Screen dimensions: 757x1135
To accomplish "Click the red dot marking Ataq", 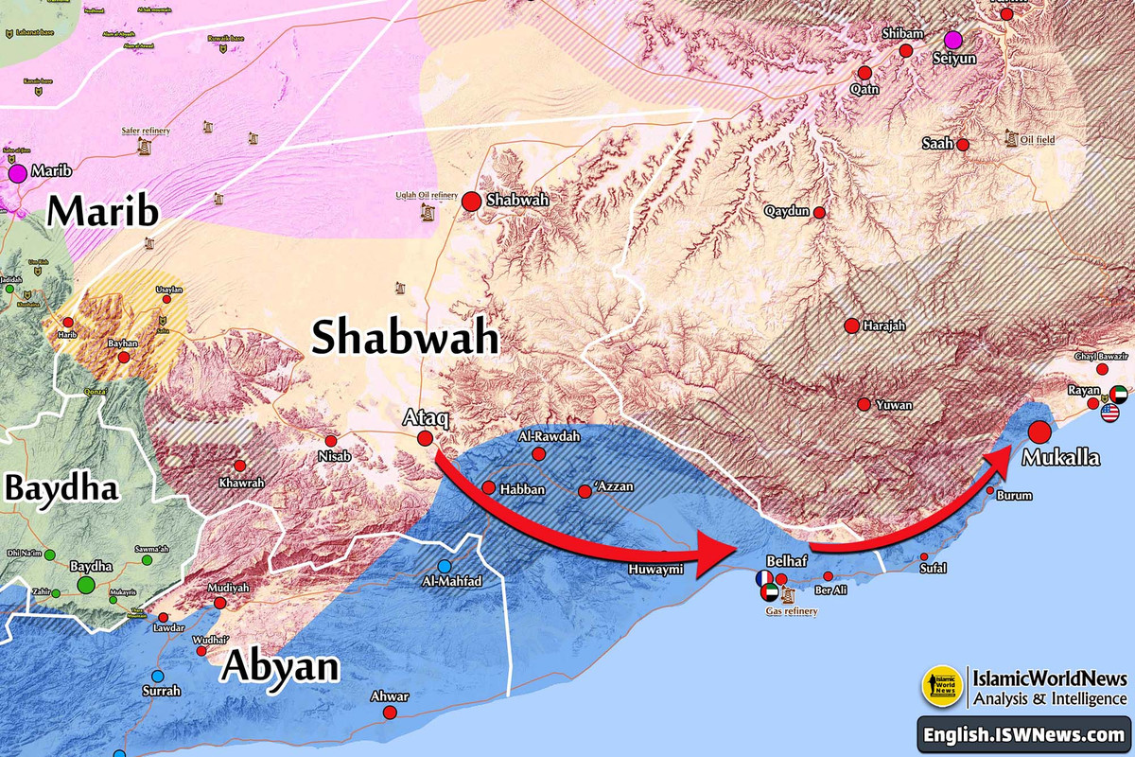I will click(425, 438).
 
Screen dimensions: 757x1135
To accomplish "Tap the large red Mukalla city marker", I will click(1039, 432).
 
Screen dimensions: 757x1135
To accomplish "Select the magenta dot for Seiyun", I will click(952, 39).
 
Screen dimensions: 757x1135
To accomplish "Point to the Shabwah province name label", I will click(405, 337).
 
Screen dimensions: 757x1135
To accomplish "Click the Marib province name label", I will click(103, 212).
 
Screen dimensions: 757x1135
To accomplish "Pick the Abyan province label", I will click(280, 667).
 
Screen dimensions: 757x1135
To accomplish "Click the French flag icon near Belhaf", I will click(762, 579).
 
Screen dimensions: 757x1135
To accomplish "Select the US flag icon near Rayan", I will click(1109, 413).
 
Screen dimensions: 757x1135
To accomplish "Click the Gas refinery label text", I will click(791, 611).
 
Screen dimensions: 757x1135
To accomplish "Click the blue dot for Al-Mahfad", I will click(444, 567).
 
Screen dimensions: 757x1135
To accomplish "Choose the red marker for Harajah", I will click(851, 326).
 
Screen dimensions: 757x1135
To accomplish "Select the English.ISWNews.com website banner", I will click(1024, 734).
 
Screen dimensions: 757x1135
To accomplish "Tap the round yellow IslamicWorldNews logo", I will click(942, 686).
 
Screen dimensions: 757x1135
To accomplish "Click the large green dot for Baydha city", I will click(86, 585).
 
